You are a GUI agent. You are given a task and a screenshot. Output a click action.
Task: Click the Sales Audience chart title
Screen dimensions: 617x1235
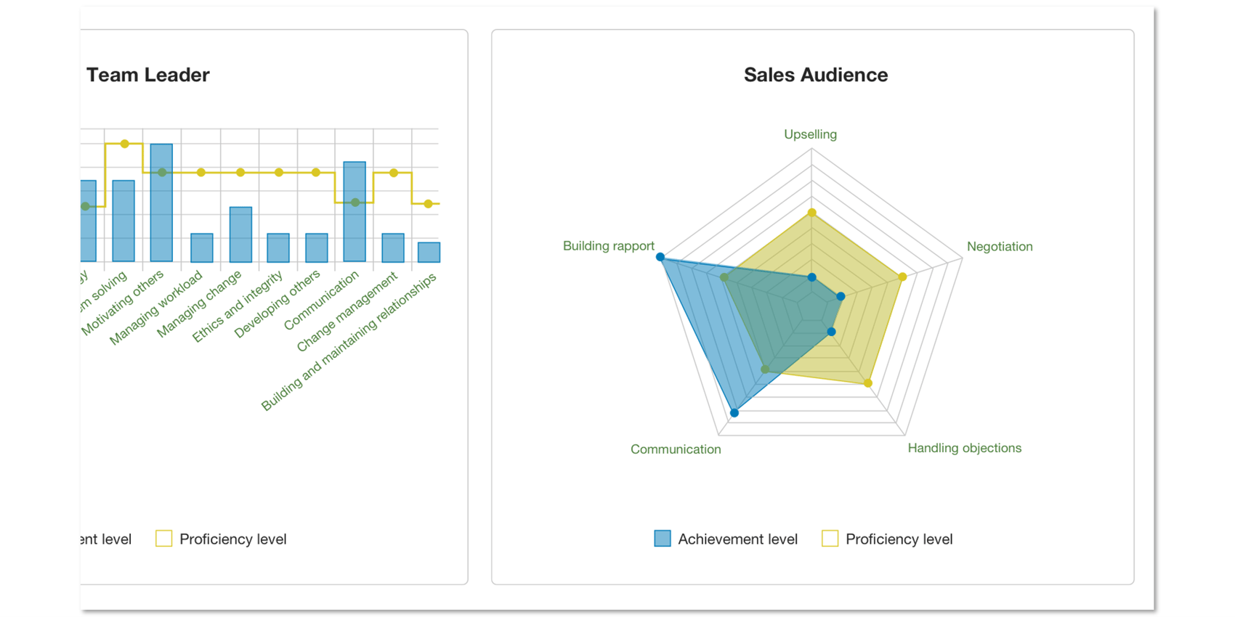[x=815, y=75]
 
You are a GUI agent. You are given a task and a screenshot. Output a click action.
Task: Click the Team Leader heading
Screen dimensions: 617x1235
[x=148, y=75]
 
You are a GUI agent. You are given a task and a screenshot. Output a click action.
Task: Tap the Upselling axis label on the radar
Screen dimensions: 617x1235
[x=810, y=134]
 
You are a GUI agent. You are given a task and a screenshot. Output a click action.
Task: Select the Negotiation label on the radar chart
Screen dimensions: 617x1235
[x=999, y=246]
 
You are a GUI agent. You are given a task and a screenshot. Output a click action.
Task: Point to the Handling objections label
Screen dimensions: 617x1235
[x=964, y=448]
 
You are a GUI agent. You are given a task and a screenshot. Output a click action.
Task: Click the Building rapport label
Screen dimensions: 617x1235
[x=608, y=246]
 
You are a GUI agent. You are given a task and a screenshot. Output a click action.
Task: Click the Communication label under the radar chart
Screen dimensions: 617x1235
[x=675, y=449]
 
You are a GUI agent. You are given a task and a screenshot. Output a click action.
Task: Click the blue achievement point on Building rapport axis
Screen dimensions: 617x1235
[x=660, y=257]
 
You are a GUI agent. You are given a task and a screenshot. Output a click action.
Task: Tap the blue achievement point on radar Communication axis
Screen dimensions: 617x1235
[x=734, y=413]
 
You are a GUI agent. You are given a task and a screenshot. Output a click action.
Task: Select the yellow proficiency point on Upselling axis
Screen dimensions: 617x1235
[x=812, y=213]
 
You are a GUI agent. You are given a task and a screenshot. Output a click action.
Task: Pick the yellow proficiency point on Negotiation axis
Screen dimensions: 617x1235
[x=902, y=277]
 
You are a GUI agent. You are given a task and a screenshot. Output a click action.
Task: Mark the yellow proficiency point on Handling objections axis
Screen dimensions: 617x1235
[x=868, y=383]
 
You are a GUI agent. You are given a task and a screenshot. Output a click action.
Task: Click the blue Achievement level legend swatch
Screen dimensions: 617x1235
[x=662, y=539]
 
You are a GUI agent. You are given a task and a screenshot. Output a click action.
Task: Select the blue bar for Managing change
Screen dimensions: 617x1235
[x=240, y=234]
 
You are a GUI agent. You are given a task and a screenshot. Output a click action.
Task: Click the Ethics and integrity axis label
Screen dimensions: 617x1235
[x=238, y=307]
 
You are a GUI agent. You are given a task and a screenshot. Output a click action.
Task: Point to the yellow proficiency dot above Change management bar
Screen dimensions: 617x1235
[x=393, y=173]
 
